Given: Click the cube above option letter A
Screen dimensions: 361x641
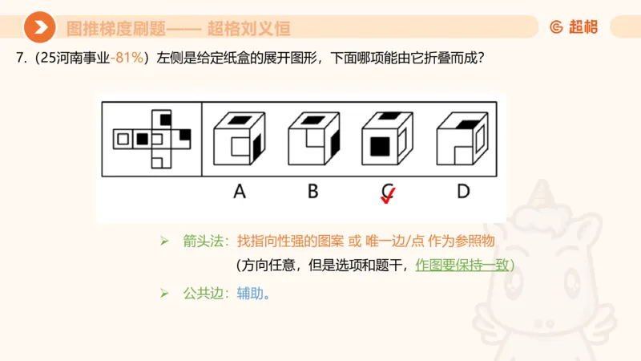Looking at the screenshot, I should pyautogui.click(x=239, y=141).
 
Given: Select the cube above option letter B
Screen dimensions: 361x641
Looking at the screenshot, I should pyautogui.click(x=313, y=141).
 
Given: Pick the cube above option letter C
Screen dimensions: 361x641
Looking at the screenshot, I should pyautogui.click(x=387, y=141).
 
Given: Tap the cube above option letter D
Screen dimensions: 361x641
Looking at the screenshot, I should pyautogui.click(x=462, y=141).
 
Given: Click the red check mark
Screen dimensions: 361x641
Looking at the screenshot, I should pyautogui.click(x=388, y=197).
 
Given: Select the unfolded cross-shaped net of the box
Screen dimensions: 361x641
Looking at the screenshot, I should pyautogui.click(x=153, y=139).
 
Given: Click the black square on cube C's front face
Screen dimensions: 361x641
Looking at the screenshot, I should pyautogui.click(x=381, y=147).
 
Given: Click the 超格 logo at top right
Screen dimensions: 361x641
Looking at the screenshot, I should pyautogui.click(x=574, y=26).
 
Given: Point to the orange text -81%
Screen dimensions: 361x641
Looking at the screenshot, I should pyautogui.click(x=130, y=59).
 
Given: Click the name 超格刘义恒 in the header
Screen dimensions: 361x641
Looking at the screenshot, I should pyautogui.click(x=248, y=28).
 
